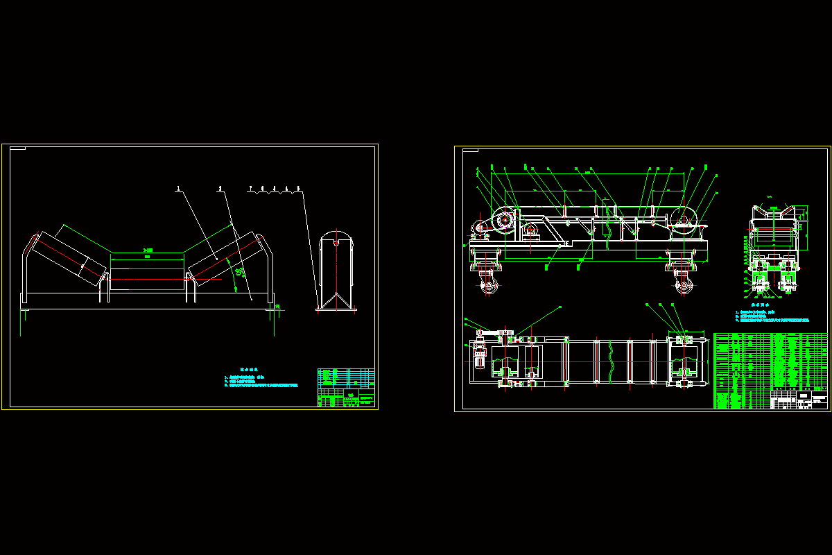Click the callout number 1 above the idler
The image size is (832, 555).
tap(178, 188)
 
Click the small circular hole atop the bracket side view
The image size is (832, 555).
tap(336, 243)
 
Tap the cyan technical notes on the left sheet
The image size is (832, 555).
tap(260, 379)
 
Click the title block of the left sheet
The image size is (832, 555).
tap(346, 388)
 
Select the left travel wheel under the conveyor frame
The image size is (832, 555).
tap(489, 285)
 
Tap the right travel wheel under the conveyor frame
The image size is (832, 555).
tap(682, 285)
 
